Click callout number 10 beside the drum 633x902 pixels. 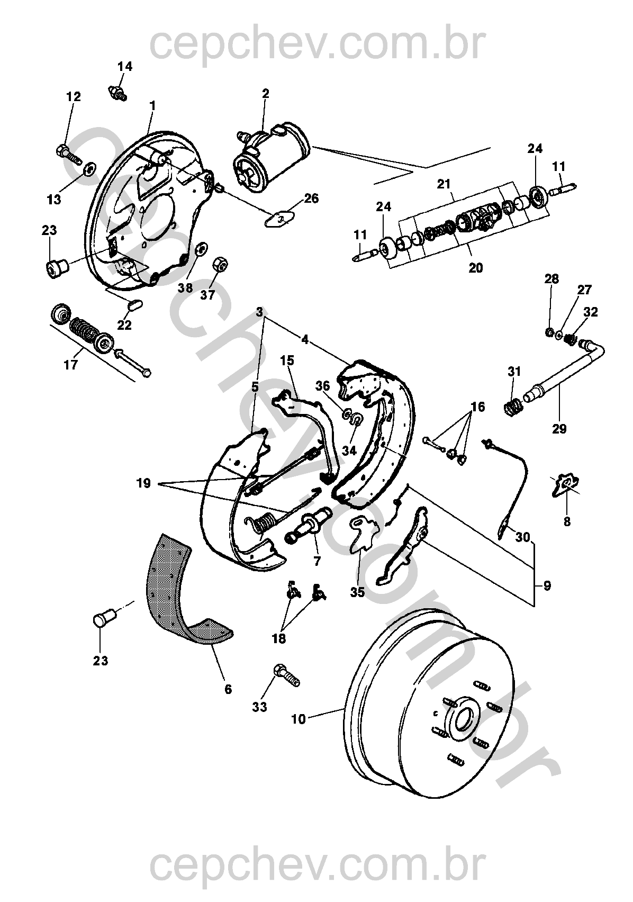coord(299,719)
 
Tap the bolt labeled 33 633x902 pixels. coord(286,676)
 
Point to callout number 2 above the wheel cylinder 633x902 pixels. coord(265,93)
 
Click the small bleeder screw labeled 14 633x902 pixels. coord(117,92)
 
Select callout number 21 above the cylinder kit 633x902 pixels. coord(444,184)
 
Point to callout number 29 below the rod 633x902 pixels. coord(559,429)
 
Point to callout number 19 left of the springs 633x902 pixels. coord(143,483)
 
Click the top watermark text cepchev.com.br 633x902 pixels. coord(317,45)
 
